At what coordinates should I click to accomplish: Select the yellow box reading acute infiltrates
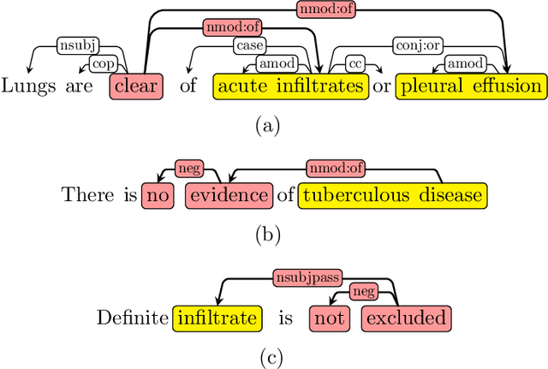(291, 86)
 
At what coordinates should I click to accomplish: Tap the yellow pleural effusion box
(470, 86)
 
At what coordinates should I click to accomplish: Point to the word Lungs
(26, 86)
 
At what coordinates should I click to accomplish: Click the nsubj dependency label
(77, 45)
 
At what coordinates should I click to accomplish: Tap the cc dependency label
(354, 62)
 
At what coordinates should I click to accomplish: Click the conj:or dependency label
(416, 45)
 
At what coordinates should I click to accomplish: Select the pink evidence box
(229, 195)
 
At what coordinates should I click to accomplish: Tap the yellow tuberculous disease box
(392, 195)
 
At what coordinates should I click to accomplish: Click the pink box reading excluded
(405, 318)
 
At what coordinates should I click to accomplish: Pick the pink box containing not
(327, 318)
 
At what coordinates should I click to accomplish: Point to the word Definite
(133, 318)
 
